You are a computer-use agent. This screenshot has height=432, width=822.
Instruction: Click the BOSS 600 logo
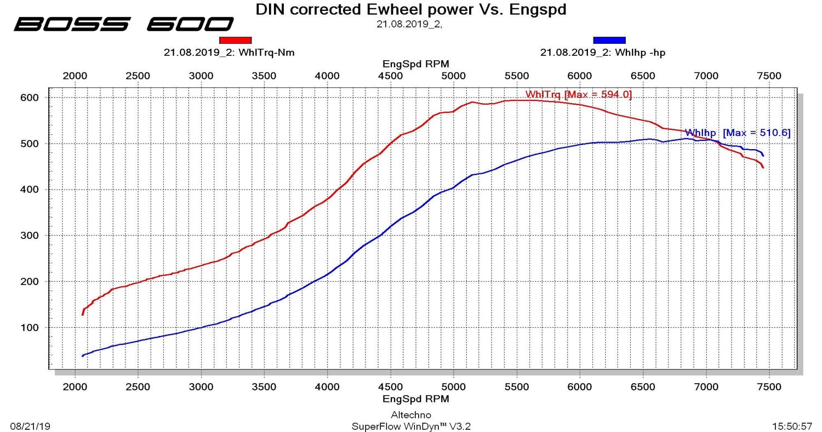tap(124, 24)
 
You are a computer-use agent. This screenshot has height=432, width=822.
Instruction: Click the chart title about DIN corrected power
tap(411, 9)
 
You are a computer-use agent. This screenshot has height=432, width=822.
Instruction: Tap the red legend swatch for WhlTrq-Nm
tap(235, 40)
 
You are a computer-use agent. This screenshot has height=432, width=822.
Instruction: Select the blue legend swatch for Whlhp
tap(609, 40)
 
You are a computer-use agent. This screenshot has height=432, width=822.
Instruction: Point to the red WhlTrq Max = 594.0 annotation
tap(578, 95)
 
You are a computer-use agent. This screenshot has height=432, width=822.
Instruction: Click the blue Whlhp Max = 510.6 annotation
tap(738, 133)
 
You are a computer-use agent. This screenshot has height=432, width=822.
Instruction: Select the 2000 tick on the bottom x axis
tap(75, 387)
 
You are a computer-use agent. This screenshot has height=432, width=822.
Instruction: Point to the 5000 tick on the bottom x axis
tap(453, 387)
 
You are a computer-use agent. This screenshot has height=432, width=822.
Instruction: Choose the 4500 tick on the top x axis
tap(390, 76)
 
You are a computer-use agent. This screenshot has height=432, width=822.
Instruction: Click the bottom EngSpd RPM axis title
tap(415, 399)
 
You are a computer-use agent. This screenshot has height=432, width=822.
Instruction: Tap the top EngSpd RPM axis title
tap(415, 64)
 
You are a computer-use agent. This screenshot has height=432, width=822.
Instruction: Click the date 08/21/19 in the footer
tap(30, 426)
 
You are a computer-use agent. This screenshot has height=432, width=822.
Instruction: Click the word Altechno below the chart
tap(411, 415)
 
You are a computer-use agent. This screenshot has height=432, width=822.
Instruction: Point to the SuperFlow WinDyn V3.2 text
tap(411, 426)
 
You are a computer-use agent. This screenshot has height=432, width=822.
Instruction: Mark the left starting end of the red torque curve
tap(83, 314)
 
